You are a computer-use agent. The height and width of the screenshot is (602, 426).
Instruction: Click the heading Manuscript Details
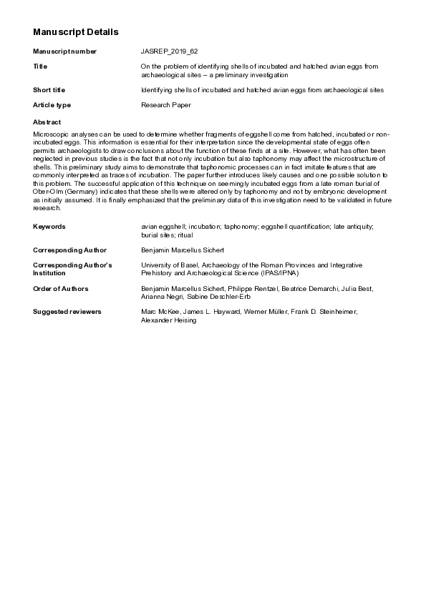(76, 32)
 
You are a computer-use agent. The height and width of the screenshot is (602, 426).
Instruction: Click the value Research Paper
(166, 105)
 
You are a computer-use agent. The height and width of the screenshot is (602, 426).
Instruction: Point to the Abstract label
(47, 122)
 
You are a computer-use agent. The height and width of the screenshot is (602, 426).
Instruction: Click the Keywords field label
(49, 226)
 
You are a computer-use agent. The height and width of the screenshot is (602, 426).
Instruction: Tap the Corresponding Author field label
(69, 250)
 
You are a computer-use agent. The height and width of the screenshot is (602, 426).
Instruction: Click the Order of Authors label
(61, 289)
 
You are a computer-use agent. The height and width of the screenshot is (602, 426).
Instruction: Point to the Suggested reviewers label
(67, 312)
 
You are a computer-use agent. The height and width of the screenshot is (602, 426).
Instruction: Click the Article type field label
(52, 105)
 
